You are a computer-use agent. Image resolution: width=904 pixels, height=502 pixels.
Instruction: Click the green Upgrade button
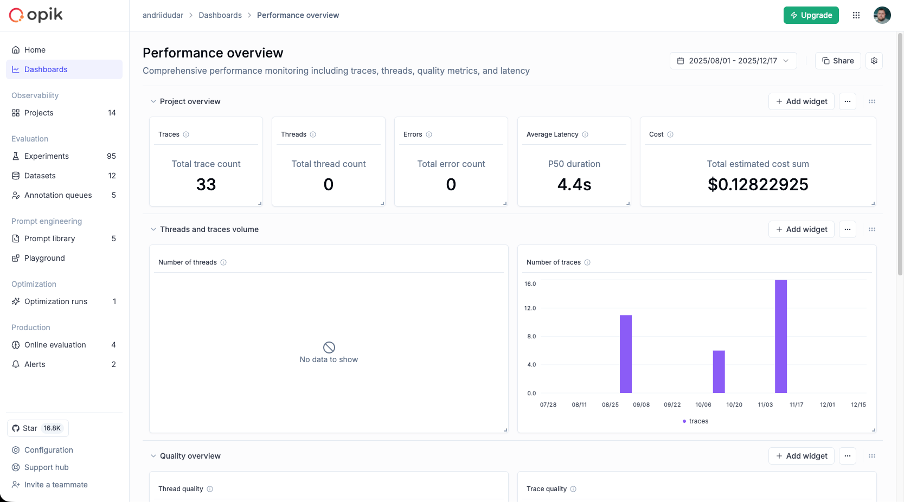(x=811, y=15)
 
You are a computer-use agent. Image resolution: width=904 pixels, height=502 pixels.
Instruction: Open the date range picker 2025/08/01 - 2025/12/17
(x=733, y=61)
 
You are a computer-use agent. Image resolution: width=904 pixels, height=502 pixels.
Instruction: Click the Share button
(x=837, y=61)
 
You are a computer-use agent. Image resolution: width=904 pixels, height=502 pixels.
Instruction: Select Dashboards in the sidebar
(x=46, y=69)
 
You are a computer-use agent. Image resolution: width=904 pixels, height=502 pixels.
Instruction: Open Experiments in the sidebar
(x=47, y=156)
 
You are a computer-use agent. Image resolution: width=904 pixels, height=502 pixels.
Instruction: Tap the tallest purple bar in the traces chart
(x=780, y=336)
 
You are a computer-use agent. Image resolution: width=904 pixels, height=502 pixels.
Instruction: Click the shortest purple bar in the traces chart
(x=719, y=372)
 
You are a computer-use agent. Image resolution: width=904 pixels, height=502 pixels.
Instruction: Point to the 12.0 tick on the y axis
(x=530, y=308)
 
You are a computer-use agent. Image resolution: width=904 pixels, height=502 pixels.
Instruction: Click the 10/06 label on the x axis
(x=703, y=405)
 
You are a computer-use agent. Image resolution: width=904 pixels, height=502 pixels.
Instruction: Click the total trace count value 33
(x=206, y=185)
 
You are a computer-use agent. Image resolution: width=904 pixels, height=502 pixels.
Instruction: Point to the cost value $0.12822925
(x=758, y=185)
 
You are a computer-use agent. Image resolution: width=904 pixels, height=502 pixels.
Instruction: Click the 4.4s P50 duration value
(x=574, y=185)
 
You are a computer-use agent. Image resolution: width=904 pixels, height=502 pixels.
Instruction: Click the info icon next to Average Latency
(x=585, y=134)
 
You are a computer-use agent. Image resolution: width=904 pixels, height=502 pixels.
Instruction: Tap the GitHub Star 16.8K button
(x=37, y=428)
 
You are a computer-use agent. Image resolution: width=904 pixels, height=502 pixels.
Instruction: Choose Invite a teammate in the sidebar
(x=56, y=485)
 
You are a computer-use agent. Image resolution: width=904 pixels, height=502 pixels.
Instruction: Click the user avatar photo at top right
(x=882, y=15)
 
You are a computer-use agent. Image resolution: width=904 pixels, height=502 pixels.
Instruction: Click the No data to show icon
(x=329, y=347)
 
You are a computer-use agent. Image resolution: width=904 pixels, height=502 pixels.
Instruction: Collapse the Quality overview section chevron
(x=153, y=456)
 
